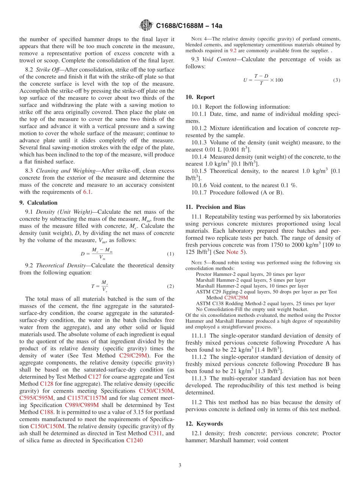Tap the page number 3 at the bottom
point(180,465)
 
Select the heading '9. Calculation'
point(38,203)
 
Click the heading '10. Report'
point(200,97)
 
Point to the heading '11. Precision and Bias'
point(215,207)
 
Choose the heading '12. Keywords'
point(204,424)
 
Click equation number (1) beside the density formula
point(171,254)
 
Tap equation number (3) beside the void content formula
point(337,80)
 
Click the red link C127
point(95,377)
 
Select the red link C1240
point(134,440)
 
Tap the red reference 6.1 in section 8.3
point(87,192)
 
